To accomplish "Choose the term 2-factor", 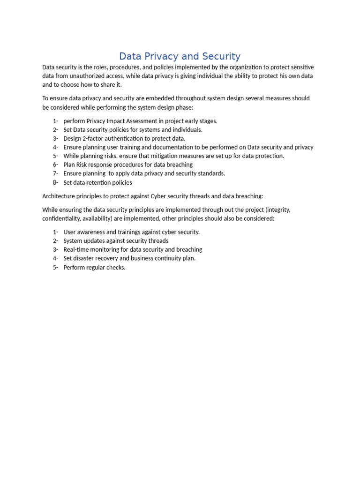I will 97,138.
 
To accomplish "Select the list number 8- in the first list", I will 55,182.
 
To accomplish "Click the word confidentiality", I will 63,218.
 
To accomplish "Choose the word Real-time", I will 76,249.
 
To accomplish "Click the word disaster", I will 86,258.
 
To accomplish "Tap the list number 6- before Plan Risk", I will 55,165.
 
